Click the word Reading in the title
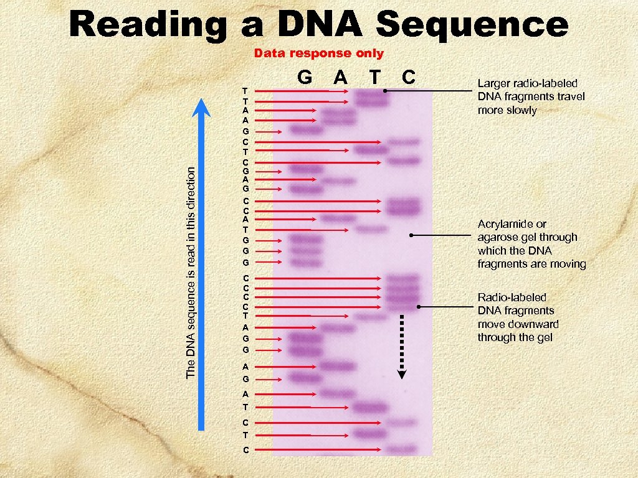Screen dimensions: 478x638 (150, 25)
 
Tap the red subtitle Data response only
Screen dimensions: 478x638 (318, 54)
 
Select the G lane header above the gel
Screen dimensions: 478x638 (305, 77)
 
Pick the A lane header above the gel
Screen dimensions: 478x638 (340, 77)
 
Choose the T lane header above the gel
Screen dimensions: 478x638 (374, 77)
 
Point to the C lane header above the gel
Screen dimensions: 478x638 (409, 77)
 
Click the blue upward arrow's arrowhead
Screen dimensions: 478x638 (201, 109)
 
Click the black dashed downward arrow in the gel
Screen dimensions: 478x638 (402, 345)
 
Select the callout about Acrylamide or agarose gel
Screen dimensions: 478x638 (531, 244)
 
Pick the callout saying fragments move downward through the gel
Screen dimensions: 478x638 (518, 317)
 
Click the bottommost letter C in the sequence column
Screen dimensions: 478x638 (246, 449)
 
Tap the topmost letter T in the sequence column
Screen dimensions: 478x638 (246, 91)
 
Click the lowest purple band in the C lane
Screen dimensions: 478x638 (403, 449)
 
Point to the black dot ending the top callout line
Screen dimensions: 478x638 (385, 91)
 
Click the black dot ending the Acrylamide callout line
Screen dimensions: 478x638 (411, 235)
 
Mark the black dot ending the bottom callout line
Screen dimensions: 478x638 (419, 307)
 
